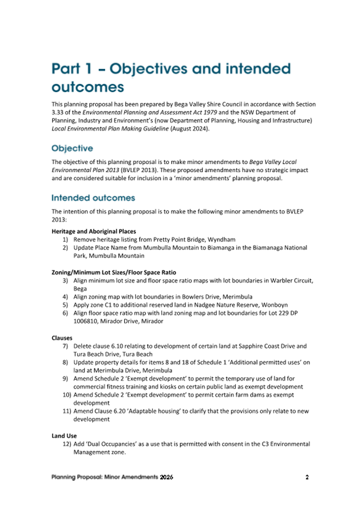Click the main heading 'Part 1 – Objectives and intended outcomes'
point(171,77)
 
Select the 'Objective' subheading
point(72,148)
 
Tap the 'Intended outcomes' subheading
point(93,198)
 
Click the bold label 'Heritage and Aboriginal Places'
point(93,231)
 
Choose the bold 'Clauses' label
point(63,338)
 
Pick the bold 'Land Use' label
point(64,436)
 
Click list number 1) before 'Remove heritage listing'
point(66,240)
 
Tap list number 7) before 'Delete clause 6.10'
point(66,346)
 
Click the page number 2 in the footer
point(307,477)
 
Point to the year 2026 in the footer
point(166,477)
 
